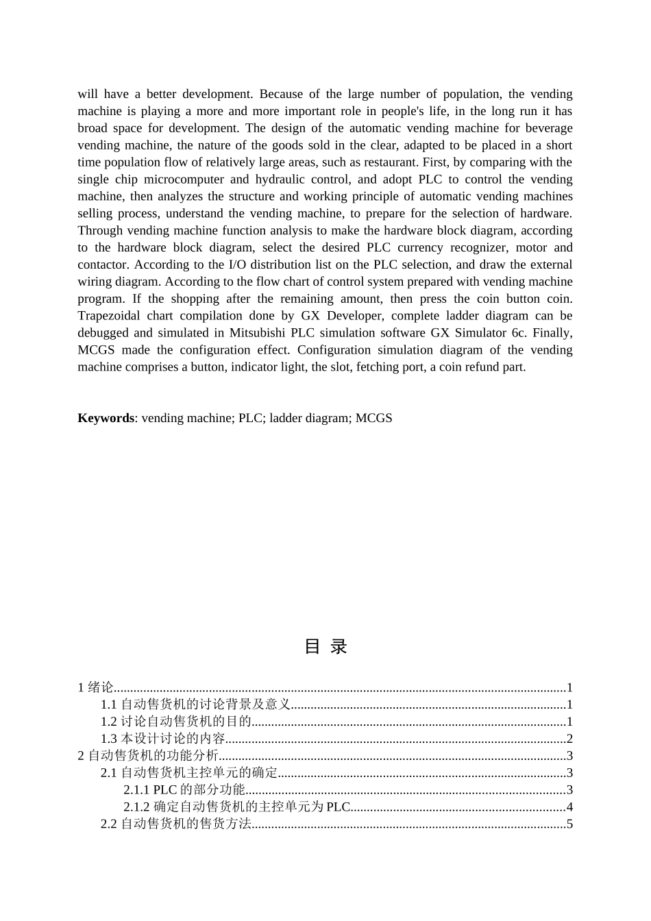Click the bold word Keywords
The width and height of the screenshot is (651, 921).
106,418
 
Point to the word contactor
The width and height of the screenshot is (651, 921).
103,265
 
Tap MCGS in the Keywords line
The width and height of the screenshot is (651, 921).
373,418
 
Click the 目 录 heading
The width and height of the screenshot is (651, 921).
325,646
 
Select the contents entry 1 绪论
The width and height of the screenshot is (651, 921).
95,687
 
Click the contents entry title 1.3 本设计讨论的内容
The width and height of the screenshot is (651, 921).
163,739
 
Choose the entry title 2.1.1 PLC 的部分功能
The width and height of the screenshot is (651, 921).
184,790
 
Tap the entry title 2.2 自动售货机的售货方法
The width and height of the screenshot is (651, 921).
176,824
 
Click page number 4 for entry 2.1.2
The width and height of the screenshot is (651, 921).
569,807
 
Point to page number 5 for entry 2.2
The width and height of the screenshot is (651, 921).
569,824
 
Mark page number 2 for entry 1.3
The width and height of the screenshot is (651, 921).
569,739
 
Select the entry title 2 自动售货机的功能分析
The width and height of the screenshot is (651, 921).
148,756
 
